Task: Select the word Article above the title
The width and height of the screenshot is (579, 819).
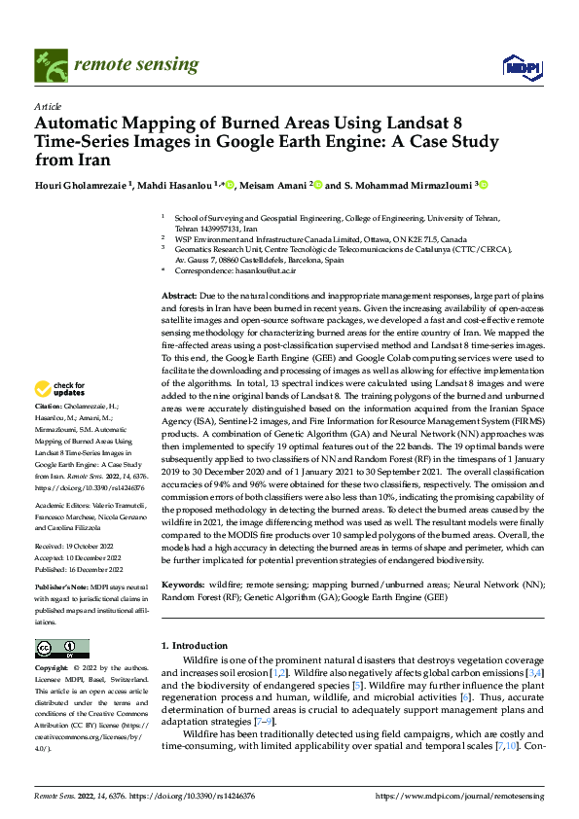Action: pyautogui.click(x=47, y=106)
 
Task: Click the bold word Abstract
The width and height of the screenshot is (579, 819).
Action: pyautogui.click(x=179, y=295)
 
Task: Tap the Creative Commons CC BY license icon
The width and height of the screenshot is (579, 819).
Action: pyautogui.click(x=61, y=649)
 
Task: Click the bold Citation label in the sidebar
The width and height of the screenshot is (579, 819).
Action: pyautogui.click(x=48, y=405)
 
